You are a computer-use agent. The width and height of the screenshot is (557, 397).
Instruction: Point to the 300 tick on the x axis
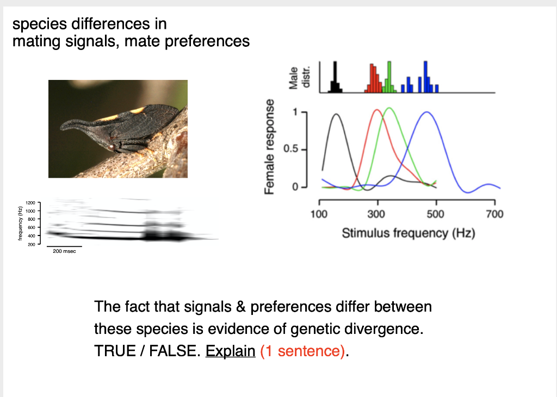point(377,214)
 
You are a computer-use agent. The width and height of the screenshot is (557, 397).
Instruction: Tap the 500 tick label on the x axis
point(436,214)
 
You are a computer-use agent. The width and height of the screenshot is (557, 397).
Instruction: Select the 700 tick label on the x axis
point(494,214)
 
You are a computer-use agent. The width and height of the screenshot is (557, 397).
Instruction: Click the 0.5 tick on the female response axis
point(294,149)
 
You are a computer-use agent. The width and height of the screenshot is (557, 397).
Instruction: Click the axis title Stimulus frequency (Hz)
point(408,233)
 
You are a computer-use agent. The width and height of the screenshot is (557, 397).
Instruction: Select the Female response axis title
point(269,147)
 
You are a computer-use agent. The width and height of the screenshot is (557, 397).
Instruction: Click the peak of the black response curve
point(336,114)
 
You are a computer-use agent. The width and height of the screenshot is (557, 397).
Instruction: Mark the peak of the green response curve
point(389,108)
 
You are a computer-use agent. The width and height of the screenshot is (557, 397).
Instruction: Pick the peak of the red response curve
point(377,110)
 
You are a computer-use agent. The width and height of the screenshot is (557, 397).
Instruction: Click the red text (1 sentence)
point(302,351)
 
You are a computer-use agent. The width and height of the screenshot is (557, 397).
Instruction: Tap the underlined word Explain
point(230,351)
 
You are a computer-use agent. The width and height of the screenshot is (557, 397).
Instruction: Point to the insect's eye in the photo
point(111,146)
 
